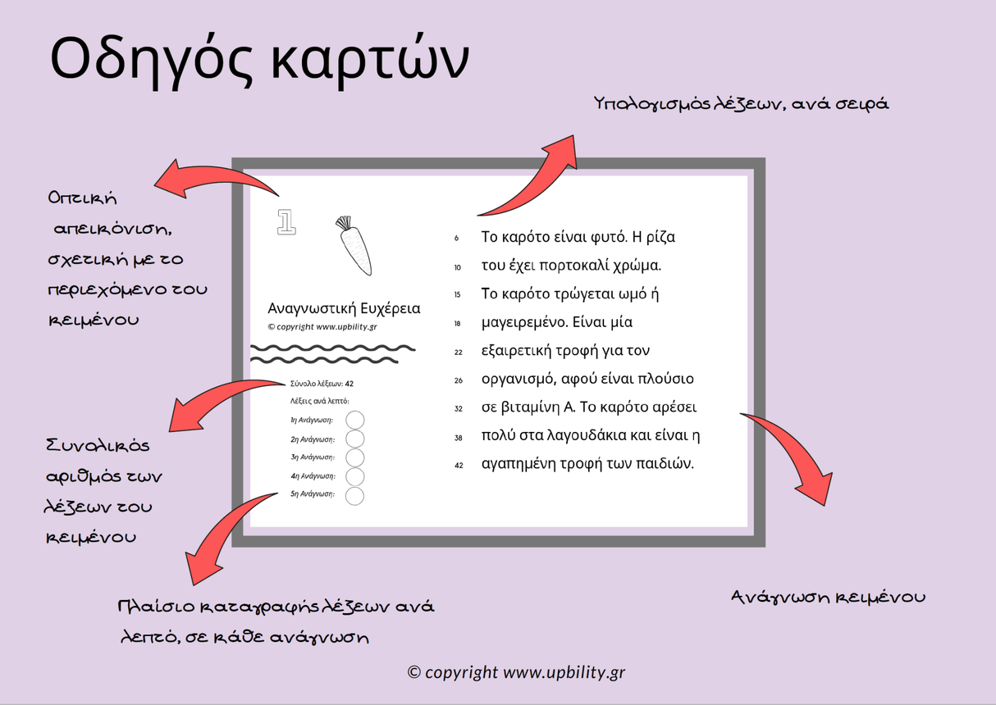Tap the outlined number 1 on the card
[286, 221]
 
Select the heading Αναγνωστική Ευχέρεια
[344, 308]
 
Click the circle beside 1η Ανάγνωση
[354, 421]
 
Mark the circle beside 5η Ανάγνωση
[354, 495]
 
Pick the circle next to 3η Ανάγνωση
[354, 457]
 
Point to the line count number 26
[458, 380]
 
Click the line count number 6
[457, 239]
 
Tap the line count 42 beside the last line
[459, 466]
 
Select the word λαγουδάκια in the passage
[587, 435]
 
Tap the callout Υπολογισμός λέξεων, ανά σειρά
[741, 104]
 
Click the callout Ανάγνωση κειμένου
[828, 597]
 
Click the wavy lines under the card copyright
[325, 353]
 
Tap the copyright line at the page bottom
[517, 672]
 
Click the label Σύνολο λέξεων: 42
[322, 383]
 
